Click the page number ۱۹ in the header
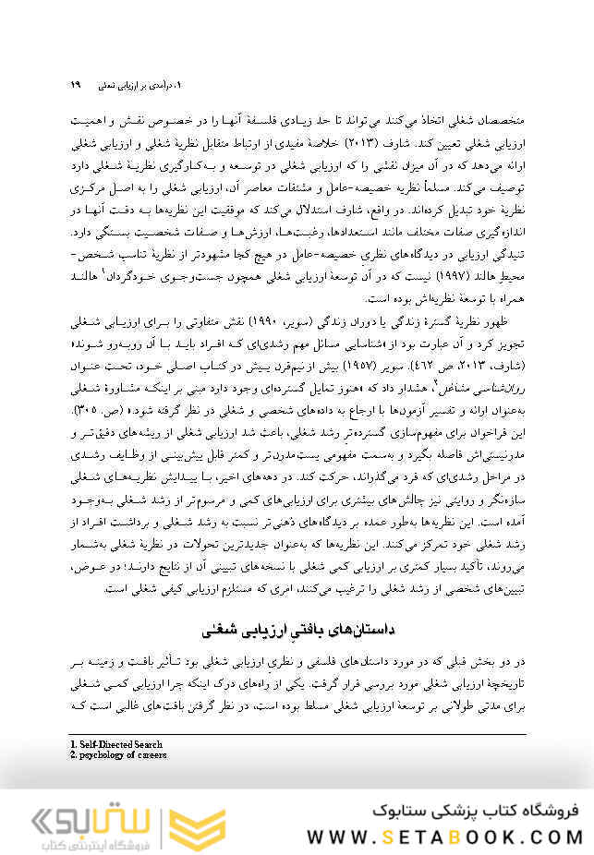click(75, 85)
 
